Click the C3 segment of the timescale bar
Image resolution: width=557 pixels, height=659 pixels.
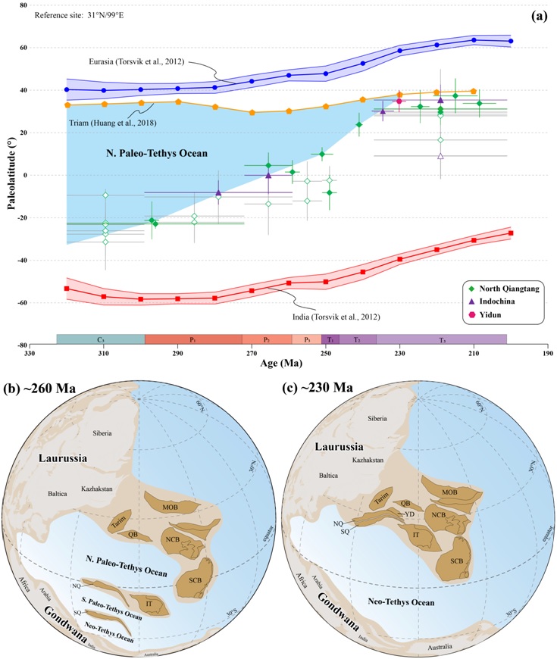point(101,340)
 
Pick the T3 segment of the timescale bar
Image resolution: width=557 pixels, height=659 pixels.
point(442,340)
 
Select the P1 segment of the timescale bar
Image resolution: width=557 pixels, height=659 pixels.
point(193,340)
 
